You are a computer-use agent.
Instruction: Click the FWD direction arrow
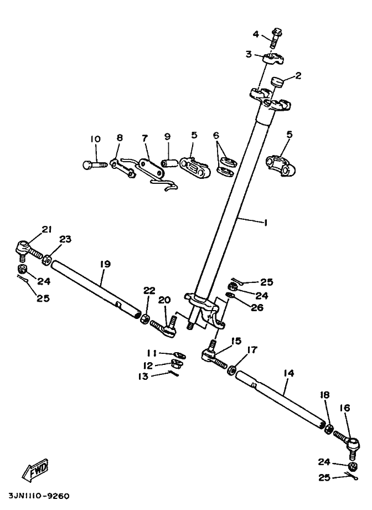point(35,471)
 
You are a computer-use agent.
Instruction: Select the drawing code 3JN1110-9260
point(39,496)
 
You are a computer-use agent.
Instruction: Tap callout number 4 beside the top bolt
point(256,34)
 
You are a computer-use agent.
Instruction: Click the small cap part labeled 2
point(276,83)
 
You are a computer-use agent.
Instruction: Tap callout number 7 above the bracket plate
point(146,137)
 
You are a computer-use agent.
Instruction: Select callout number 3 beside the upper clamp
point(249,54)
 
